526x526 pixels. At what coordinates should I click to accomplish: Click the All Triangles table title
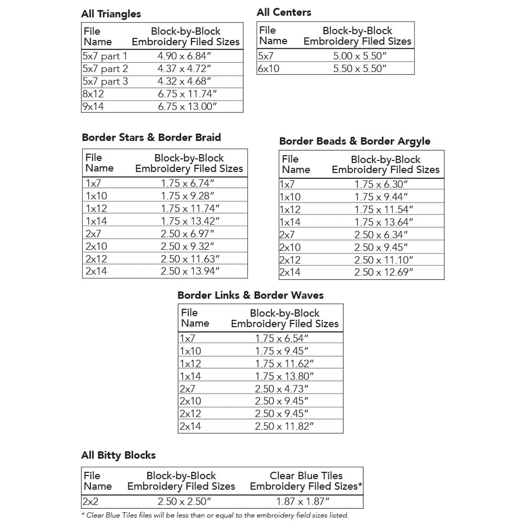pos(111,14)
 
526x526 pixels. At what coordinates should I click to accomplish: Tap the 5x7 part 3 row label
pos(105,82)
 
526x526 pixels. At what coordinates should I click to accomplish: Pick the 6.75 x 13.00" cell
pos(187,107)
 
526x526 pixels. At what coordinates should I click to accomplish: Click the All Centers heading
pos(284,12)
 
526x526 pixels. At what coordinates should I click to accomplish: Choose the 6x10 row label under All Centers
pos(268,68)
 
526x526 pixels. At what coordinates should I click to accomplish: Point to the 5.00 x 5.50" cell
pos(360,56)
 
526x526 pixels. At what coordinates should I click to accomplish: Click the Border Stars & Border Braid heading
pos(151,137)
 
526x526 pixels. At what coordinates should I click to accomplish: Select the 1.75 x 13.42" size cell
pos(190,221)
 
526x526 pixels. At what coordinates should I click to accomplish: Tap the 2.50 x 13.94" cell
pos(190,271)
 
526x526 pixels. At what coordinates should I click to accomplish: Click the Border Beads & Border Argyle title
pos(355,141)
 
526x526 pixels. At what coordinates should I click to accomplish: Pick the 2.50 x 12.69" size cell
pos(383,272)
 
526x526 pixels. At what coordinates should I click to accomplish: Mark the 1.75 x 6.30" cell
pos(381,185)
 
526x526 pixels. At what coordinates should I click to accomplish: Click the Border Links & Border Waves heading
pos(250,295)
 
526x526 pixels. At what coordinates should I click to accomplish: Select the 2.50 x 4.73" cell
pos(281,389)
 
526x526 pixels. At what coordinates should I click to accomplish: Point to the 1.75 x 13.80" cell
pos(284,376)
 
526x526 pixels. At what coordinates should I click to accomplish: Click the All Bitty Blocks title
pos(118,455)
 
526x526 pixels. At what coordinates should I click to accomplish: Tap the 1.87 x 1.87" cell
pos(303,502)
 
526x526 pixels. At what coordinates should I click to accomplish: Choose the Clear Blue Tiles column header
pos(306,481)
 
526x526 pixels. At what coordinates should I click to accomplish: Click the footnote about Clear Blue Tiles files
pos(215,515)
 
